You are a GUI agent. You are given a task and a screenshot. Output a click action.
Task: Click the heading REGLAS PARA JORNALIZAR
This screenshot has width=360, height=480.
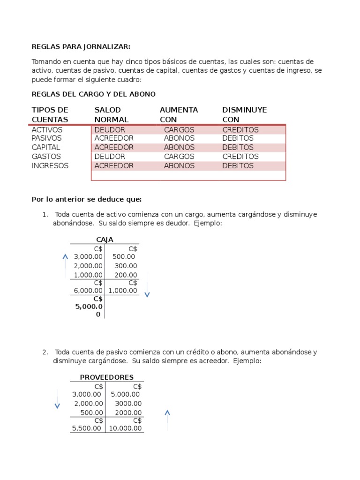click(81, 46)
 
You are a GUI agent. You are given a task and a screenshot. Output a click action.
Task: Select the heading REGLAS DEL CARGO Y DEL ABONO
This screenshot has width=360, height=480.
click(93, 94)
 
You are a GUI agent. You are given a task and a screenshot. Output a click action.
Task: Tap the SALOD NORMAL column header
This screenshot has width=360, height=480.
click(112, 115)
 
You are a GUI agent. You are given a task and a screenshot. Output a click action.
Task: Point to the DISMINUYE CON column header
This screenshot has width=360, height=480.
click(244, 115)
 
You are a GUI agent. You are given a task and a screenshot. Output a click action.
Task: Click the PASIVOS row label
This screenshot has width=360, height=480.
click(46, 138)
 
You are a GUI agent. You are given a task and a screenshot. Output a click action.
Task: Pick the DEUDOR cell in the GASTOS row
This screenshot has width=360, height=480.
click(110, 157)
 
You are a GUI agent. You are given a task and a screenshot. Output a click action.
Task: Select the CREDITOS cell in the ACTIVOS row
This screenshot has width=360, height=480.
click(240, 129)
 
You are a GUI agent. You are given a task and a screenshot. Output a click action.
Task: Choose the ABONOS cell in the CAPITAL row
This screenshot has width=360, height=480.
click(179, 147)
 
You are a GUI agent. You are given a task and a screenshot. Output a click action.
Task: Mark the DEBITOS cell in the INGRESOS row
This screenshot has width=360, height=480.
click(238, 165)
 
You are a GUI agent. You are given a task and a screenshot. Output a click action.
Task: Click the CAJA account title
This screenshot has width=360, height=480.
click(105, 240)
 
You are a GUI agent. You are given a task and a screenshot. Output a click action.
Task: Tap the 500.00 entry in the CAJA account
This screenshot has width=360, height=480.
click(124, 257)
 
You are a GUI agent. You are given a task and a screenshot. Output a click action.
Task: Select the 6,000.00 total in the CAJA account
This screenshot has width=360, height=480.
click(88, 291)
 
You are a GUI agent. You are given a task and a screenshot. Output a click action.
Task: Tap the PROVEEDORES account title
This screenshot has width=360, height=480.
click(106, 377)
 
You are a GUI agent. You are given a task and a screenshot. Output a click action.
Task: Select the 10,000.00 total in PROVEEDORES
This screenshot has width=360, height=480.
click(125, 428)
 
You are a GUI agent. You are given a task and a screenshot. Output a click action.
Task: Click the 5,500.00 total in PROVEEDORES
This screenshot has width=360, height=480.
click(87, 428)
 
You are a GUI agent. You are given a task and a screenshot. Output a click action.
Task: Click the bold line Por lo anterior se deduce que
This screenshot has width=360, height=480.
click(86, 199)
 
